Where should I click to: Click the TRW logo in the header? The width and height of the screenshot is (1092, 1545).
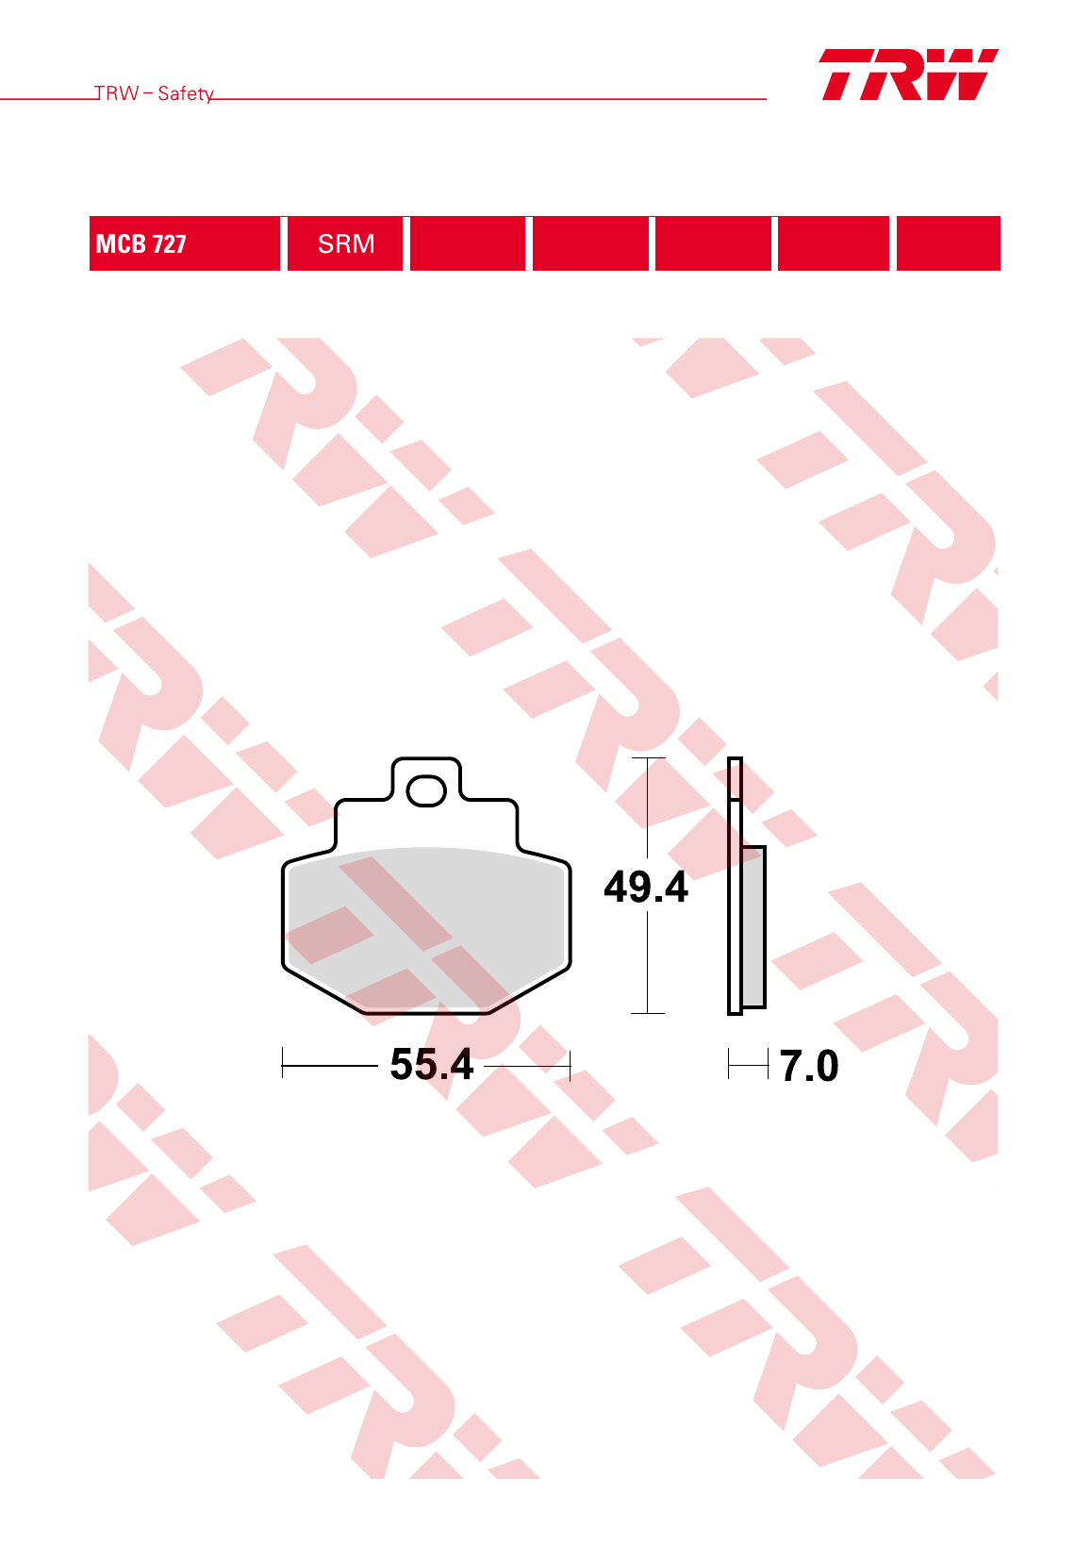[908, 75]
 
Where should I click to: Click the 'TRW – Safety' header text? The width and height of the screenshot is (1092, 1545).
[154, 93]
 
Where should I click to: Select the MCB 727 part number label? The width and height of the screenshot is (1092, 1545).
[141, 243]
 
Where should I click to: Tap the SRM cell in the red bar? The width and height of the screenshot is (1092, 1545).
[345, 243]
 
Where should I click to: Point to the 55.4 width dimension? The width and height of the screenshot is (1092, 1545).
[432, 1064]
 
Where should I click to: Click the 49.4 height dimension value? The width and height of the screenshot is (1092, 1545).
[646, 887]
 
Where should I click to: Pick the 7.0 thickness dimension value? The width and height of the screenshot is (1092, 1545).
[809, 1066]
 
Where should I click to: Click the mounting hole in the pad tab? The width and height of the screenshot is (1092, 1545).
[426, 790]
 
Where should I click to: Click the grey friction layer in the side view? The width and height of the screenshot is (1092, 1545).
[753, 927]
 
